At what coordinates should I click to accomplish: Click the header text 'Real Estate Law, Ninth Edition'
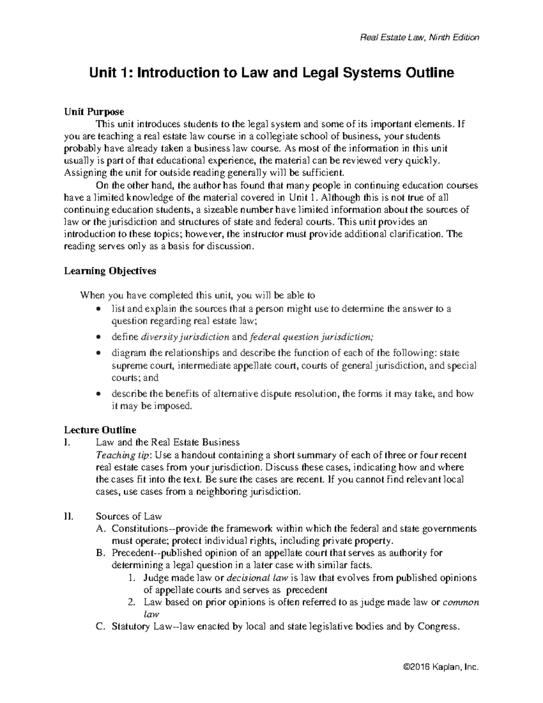click(419, 38)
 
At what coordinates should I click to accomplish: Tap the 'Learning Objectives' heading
click(110, 271)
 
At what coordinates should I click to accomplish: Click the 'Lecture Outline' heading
click(100, 430)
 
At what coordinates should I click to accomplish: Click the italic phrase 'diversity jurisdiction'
click(185, 337)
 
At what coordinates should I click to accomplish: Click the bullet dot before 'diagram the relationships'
click(99, 353)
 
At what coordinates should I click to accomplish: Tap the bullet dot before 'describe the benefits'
click(99, 394)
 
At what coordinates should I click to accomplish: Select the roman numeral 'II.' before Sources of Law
click(69, 516)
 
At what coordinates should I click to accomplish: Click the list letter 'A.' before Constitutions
click(101, 528)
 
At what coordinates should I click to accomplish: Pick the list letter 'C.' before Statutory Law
click(101, 627)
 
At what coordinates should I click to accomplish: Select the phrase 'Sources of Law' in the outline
click(129, 516)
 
